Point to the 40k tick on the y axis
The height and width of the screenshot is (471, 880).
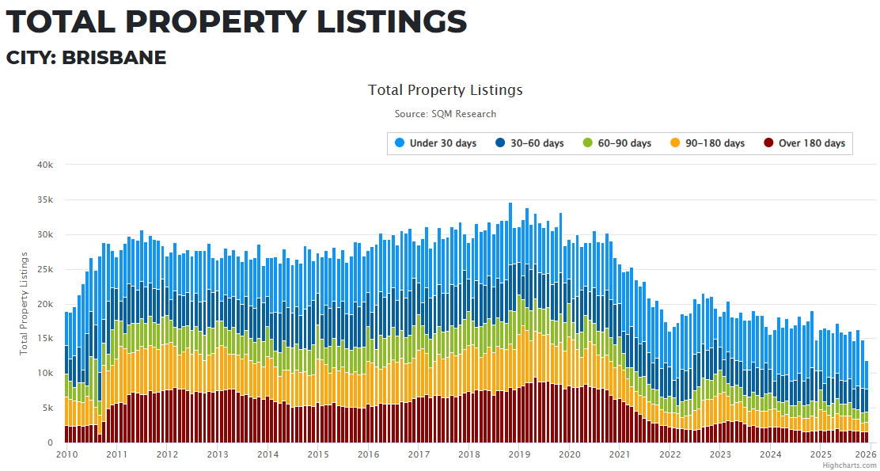tap(45, 165)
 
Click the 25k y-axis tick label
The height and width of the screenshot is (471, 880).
tap(45, 270)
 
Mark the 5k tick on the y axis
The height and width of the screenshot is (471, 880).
tap(47, 408)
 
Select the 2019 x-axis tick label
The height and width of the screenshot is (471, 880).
tap(519, 454)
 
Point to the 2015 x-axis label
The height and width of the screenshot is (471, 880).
tap(318, 454)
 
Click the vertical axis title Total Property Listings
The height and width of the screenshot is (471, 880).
tap(25, 303)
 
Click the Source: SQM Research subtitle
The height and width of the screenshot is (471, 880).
tap(446, 114)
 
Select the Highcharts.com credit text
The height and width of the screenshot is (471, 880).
tap(849, 465)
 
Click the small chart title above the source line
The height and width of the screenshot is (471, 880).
tap(446, 90)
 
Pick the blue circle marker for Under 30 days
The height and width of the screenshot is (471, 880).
tap(400, 143)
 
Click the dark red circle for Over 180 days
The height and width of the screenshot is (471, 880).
tap(768, 143)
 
